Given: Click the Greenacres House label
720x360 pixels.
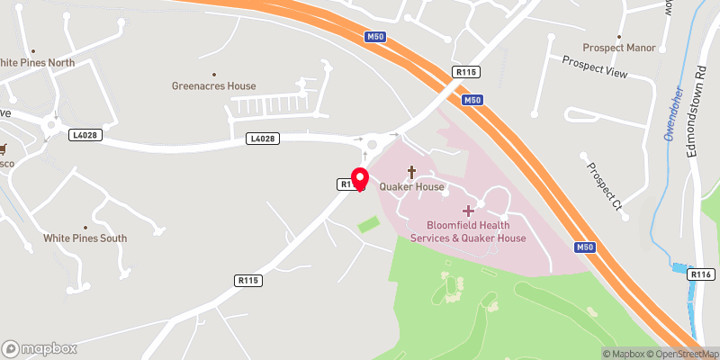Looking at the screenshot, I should point(214,86).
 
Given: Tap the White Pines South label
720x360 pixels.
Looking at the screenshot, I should point(85,238).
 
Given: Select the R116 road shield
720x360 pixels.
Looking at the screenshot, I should point(700,274).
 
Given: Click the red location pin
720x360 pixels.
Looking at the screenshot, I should point(360,179).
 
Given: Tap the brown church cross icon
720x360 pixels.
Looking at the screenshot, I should point(412,171).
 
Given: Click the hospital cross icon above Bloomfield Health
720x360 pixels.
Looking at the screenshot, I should point(467,210).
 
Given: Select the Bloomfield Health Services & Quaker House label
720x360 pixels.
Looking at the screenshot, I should point(467,231).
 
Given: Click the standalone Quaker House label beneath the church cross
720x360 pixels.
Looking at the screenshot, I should point(412,187).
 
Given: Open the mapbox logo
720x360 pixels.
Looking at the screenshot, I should point(40,348).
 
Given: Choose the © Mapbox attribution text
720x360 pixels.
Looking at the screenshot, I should point(622,354).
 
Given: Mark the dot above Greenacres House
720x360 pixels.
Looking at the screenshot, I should point(214,74).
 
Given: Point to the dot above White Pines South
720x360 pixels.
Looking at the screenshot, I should point(85,227).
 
